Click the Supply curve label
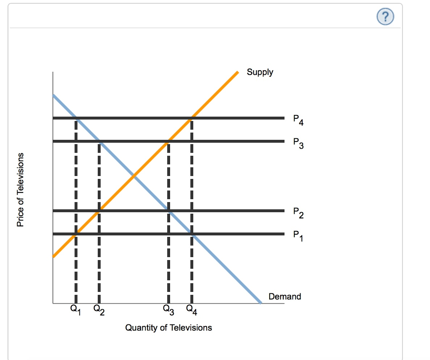[x=260, y=72]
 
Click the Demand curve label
[x=285, y=296]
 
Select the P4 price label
[x=298, y=120]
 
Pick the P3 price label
[x=298, y=143]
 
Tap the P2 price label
[x=298, y=213]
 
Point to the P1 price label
[x=298, y=236]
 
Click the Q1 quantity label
[x=76, y=310]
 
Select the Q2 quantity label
[x=99, y=310]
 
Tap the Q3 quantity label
[x=168, y=310]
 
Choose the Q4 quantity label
[x=191, y=310]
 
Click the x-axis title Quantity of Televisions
[x=168, y=328]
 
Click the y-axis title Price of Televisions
[x=20, y=189]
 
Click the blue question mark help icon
[x=385, y=17]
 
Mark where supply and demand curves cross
[x=134, y=176]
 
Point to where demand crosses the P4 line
[x=76, y=118]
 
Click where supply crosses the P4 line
[x=191, y=118]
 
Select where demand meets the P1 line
[x=191, y=234]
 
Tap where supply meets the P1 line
[x=76, y=234]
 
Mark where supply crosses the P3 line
[x=168, y=141]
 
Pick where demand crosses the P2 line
[x=169, y=211]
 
